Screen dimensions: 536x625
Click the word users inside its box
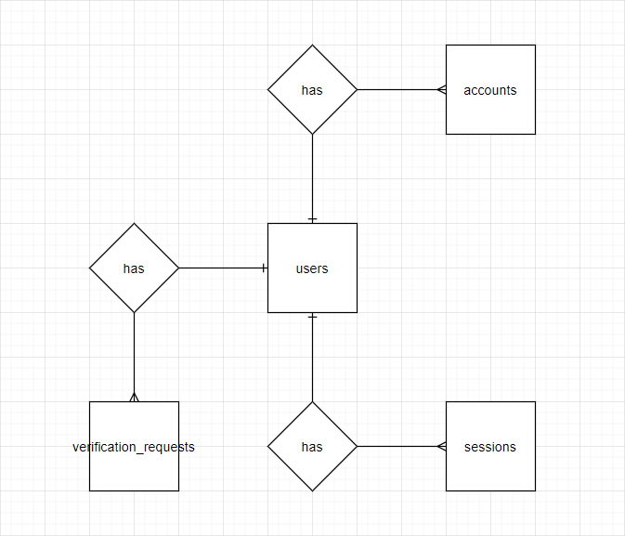(312, 268)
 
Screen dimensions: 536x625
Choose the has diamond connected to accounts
(312, 90)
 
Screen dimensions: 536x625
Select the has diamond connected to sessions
(312, 447)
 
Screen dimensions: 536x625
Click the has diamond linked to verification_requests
(134, 268)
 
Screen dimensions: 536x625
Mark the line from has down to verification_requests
(134, 353)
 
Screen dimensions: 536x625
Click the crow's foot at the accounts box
(442, 90)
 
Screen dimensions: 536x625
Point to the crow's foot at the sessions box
(442, 447)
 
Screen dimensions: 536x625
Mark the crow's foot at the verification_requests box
(134, 398)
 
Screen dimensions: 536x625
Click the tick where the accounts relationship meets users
(312, 219)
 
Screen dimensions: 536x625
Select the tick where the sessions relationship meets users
(312, 318)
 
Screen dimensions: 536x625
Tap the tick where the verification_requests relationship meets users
(264, 268)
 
